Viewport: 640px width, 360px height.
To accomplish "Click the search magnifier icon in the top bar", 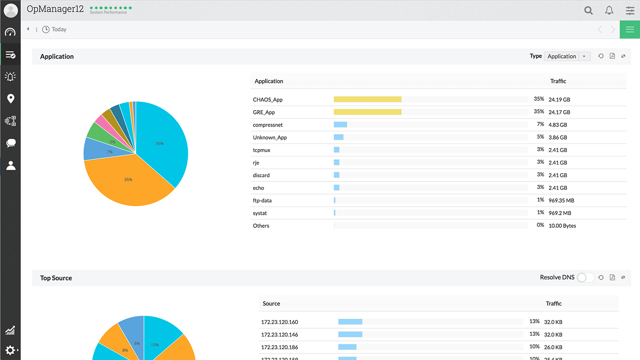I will click(588, 10).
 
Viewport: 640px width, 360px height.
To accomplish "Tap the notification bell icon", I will click(609, 10).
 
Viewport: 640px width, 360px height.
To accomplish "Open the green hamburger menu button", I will click(630, 30).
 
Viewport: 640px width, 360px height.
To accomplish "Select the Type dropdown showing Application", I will click(566, 56).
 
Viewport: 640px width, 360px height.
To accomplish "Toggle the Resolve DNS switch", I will click(585, 277).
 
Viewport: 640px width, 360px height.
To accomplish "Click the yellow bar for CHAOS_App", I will click(367, 99).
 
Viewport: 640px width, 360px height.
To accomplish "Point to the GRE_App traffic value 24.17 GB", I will click(559, 112).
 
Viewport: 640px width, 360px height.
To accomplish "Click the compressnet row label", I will click(268, 125).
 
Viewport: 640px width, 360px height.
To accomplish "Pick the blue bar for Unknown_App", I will click(338, 137).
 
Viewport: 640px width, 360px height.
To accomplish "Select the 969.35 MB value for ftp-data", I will click(561, 201).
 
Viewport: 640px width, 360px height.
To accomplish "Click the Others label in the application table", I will click(261, 226).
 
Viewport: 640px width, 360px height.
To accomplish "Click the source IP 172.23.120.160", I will click(279, 322).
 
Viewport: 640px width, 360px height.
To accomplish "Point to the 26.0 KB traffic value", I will click(553, 348).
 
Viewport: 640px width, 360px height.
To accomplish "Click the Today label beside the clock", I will click(59, 30).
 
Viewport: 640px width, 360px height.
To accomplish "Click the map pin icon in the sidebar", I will click(10, 98).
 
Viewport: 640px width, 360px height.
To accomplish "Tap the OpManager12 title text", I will click(55, 9).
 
